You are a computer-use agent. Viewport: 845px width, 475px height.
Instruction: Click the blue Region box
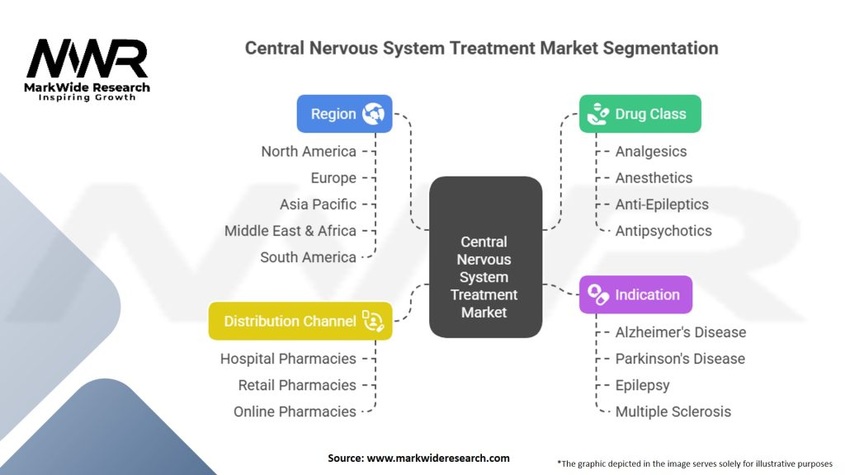344,114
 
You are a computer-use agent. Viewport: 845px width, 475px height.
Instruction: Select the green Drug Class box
640,114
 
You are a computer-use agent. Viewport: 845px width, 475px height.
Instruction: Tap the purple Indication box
635,294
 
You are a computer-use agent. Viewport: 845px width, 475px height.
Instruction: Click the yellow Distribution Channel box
300,321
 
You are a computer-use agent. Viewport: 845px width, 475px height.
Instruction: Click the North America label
309,151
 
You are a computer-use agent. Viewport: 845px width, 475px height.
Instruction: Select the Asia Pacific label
318,204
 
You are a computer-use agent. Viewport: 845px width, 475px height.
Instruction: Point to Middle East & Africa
290,230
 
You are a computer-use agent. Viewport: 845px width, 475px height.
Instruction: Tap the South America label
308,256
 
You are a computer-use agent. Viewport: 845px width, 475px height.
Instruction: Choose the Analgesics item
650,151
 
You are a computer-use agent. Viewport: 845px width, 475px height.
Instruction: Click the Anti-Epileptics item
662,204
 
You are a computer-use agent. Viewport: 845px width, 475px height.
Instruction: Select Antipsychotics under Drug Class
663,230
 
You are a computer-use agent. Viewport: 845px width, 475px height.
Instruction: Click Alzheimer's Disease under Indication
680,332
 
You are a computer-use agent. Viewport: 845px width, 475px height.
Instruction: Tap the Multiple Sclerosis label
673,412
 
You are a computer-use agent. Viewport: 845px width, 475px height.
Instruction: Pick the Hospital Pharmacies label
288,359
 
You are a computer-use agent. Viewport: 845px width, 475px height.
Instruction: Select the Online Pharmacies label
295,412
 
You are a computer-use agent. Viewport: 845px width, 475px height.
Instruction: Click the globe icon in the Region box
373,114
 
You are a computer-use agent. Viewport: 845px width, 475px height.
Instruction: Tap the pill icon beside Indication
598,294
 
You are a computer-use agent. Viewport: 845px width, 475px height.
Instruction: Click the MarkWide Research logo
87,70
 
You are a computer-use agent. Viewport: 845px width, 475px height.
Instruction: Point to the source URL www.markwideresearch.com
418,458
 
